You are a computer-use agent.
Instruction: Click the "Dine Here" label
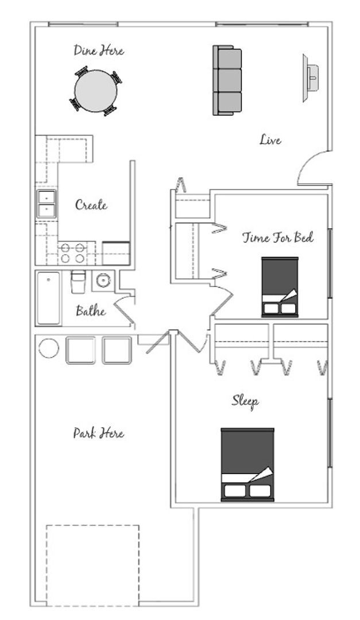coord(99,51)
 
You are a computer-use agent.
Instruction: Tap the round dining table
coord(96,91)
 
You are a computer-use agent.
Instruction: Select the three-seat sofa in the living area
coord(227,80)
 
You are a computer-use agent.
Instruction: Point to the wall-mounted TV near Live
coord(311,78)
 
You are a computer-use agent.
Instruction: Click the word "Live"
coord(270,139)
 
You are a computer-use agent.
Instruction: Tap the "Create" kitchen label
coord(91,205)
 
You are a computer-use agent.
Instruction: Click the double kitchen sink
coord(47,204)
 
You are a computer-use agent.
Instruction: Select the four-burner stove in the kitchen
coord(72,253)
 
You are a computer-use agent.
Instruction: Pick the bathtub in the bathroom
coord(49,298)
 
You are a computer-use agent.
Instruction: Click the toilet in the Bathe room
coord(78,281)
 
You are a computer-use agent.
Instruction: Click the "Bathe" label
coord(91,311)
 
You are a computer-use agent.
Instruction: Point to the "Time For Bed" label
coord(278,238)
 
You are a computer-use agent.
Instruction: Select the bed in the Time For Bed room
coord(280,287)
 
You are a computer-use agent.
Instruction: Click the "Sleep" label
coord(245,401)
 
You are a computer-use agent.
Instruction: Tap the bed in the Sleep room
coord(247,464)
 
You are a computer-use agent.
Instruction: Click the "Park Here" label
coord(99,433)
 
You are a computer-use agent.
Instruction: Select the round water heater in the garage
coord(49,348)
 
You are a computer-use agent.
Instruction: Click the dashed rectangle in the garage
coord(92,525)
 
